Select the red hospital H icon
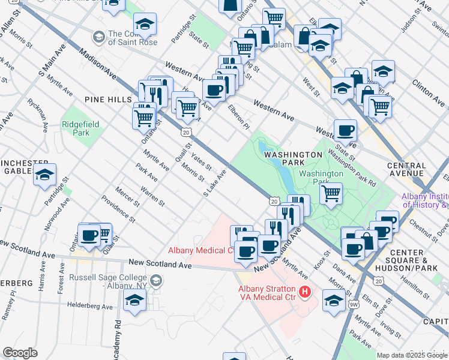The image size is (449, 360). (x=305, y=292)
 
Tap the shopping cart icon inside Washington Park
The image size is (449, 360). (x=331, y=193)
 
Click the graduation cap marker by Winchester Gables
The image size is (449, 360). (x=44, y=175)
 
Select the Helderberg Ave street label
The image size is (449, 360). (x=90, y=306)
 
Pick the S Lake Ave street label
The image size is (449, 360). (x=215, y=184)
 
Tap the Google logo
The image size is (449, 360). (x=20, y=353)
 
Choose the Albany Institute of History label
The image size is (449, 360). (x=425, y=200)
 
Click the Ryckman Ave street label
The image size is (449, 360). (x=37, y=114)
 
